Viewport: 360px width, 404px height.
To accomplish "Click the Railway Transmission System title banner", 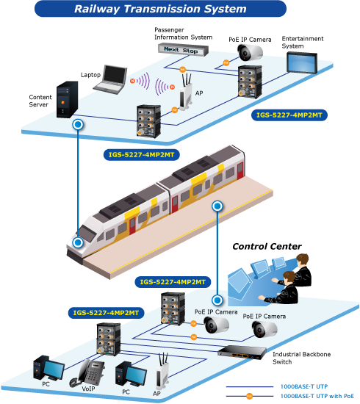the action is click(160, 9).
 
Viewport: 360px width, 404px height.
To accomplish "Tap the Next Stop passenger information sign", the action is click(183, 50).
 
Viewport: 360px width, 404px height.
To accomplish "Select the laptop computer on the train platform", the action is click(110, 79).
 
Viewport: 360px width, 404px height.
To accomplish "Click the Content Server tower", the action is click(68, 99).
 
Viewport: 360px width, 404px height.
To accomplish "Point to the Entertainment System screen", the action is click(302, 62).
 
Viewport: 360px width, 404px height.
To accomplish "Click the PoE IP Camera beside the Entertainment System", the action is click(250, 52).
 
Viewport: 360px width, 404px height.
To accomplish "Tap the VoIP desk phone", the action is click(87, 372).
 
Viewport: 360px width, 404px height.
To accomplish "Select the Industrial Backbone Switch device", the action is click(242, 352).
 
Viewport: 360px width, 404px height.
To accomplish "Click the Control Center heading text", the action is click(267, 247).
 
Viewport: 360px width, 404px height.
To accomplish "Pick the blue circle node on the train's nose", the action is click(78, 242).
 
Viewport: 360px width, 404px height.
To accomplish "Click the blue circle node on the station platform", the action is click(217, 206).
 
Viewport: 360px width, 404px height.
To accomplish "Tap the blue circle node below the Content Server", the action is click(78, 125).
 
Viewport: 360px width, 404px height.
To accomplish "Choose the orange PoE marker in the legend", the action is click(249, 396).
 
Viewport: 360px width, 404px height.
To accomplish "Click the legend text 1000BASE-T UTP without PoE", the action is click(304, 386).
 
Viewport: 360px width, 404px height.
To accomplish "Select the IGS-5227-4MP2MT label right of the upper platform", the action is click(289, 115).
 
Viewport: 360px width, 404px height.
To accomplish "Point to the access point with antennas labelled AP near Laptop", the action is click(187, 93).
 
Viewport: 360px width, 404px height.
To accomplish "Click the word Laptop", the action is click(90, 75).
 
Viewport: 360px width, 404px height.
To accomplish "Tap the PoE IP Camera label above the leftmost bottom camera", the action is click(216, 312).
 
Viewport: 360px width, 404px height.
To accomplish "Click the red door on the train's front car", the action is click(132, 226).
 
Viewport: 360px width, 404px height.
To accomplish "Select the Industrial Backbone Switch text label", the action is click(301, 358).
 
